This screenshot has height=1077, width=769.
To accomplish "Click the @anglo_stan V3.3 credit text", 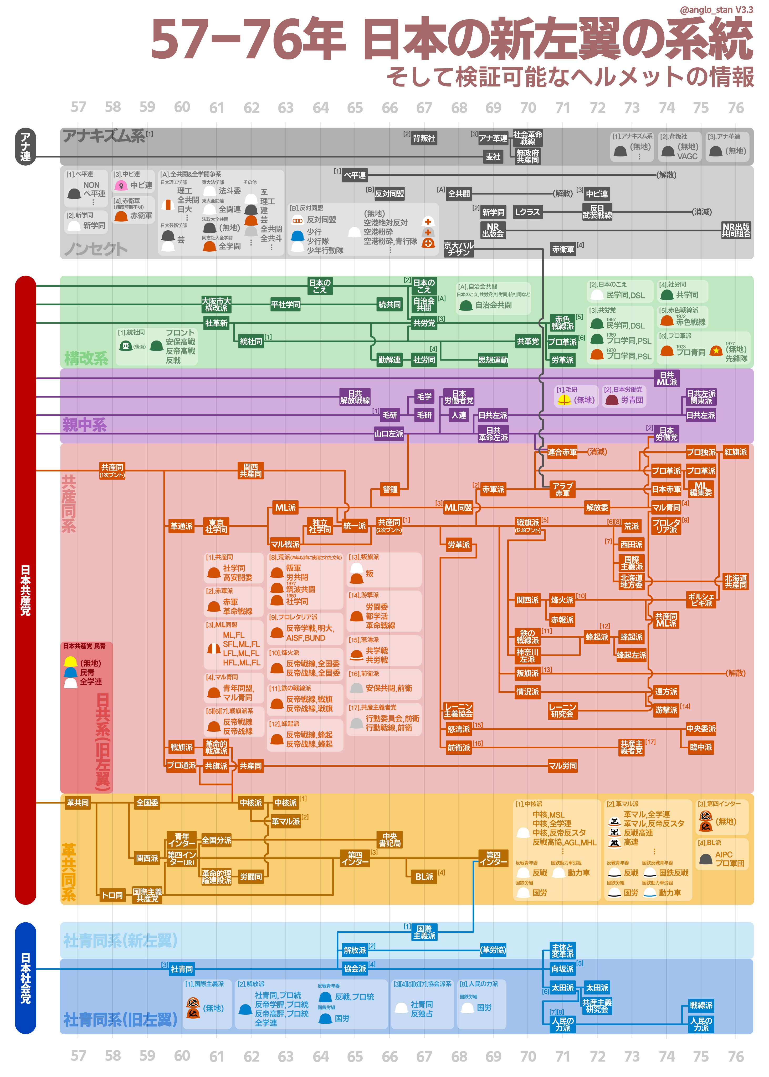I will pyautogui.click(x=716, y=9).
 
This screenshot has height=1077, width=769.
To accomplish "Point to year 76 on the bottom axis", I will pyautogui.click(x=735, y=1056).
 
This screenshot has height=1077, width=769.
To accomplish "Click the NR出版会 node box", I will pyautogui.click(x=493, y=230).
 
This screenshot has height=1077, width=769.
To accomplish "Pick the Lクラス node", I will pyautogui.click(x=527, y=212).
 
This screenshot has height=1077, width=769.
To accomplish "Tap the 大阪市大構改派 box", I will pyautogui.click(x=216, y=304).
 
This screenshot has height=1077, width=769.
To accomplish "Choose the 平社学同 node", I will pyautogui.click(x=285, y=304).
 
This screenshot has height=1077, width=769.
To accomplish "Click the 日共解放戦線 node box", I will pyautogui.click(x=355, y=397).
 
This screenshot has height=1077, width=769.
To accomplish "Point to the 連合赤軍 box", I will pyautogui.click(x=562, y=452).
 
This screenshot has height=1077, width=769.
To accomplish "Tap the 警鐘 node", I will pyautogui.click(x=390, y=489).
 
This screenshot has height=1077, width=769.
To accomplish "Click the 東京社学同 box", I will pyautogui.click(x=216, y=526).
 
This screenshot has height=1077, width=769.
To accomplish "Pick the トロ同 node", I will pyautogui.click(x=112, y=895).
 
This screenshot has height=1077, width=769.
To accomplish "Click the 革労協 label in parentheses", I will pyautogui.click(x=493, y=949).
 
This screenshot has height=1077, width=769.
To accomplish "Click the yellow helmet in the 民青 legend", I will pyautogui.click(x=70, y=662).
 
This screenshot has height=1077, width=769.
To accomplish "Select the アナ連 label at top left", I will pyautogui.click(x=25, y=147).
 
